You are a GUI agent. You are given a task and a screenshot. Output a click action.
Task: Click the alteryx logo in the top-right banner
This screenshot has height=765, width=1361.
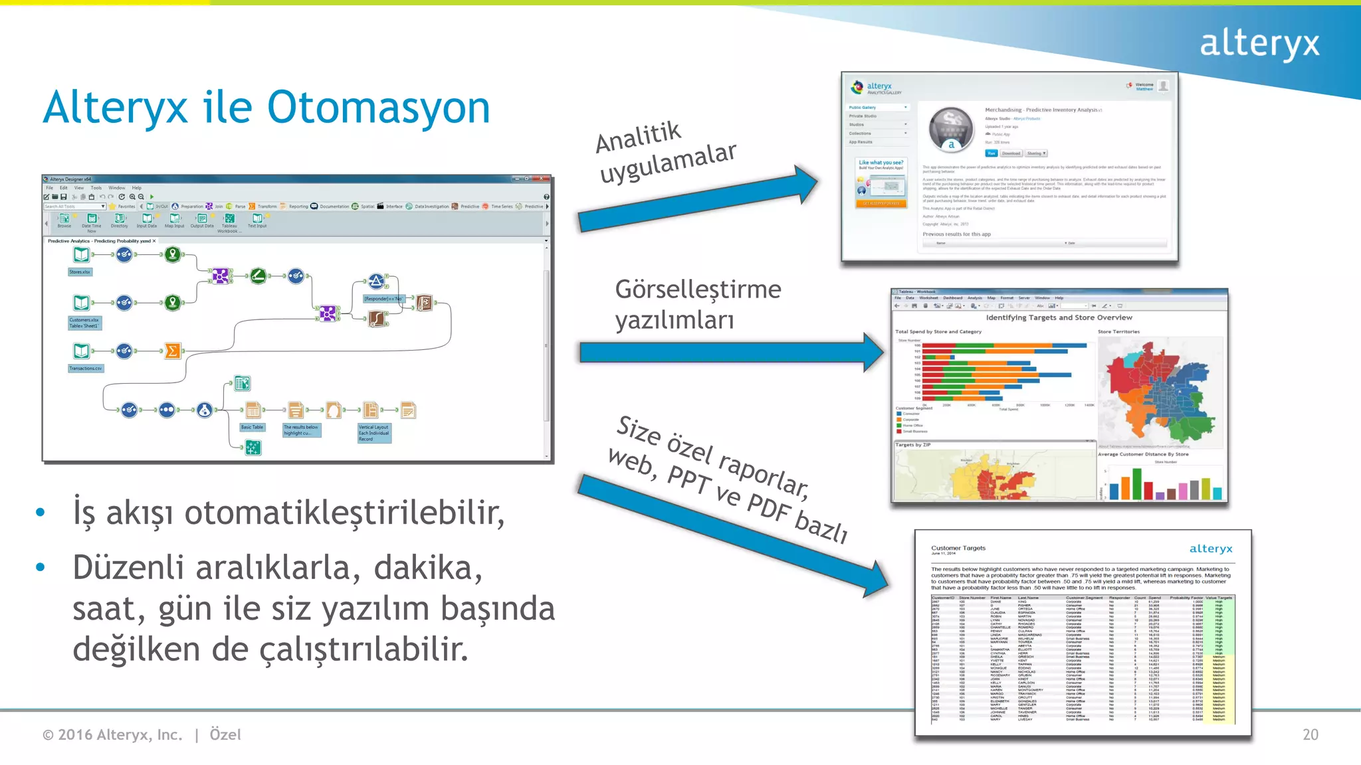[1259, 44]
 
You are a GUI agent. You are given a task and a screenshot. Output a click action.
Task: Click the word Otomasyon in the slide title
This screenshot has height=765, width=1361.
[379, 108]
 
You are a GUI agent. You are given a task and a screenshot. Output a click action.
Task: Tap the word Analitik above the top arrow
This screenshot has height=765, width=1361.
[638, 136]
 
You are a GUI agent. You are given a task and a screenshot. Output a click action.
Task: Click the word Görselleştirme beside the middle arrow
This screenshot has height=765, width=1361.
[698, 290]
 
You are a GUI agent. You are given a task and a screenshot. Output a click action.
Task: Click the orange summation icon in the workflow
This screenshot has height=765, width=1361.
[172, 351]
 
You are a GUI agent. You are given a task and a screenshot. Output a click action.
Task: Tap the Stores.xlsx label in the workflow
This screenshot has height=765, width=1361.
[80, 272]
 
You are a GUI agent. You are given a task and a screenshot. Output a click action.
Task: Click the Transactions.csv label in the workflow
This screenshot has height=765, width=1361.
[86, 368]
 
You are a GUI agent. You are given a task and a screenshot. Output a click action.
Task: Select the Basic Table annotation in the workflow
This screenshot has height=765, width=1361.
[253, 427]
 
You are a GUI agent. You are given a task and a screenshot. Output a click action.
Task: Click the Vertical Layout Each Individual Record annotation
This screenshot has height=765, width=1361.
[374, 433]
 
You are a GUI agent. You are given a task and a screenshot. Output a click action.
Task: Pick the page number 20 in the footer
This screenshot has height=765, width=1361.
[1310, 734]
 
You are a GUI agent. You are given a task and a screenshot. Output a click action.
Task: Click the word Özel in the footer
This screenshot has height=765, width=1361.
[225, 734]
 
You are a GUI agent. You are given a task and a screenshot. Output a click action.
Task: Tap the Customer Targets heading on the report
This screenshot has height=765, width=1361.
[958, 548]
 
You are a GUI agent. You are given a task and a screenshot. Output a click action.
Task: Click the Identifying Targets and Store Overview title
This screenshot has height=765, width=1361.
[1059, 317]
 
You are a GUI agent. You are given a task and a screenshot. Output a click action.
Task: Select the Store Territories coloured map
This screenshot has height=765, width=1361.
[1160, 392]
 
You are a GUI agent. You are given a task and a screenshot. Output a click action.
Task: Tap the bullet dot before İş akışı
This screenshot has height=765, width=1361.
[41, 512]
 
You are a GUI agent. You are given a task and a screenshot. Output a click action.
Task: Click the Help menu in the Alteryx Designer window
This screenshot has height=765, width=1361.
[136, 188]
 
